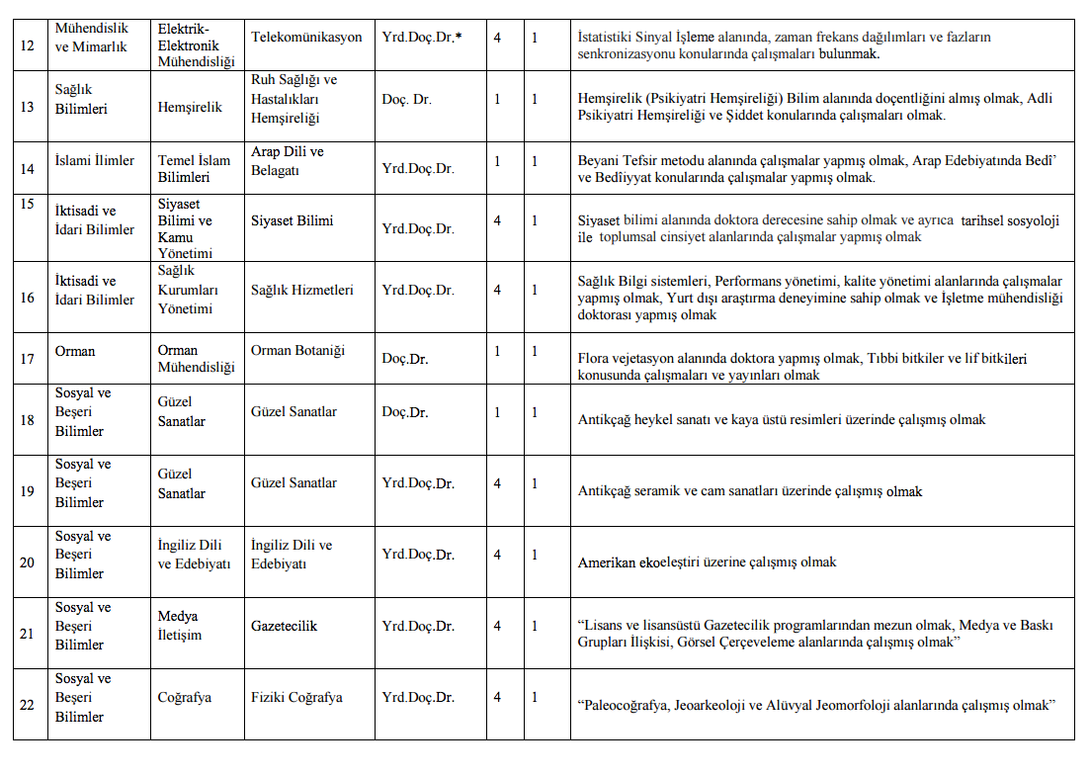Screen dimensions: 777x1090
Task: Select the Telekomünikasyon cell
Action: [x=306, y=38]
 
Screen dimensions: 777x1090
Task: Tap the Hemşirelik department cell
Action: [x=190, y=107]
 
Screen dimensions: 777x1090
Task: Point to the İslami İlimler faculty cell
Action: [x=95, y=161]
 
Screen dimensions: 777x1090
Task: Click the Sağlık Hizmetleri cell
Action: [x=301, y=290]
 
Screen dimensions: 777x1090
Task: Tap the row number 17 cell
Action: [x=28, y=359]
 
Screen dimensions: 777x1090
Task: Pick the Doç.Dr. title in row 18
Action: [x=405, y=412]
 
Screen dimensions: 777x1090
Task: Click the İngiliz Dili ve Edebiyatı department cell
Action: [x=194, y=555]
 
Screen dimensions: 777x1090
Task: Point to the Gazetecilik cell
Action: [x=284, y=626]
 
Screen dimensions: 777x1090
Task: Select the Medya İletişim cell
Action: [x=180, y=626]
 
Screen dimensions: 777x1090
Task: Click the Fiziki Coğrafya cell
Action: [x=296, y=697]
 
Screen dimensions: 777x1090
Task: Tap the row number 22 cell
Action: [x=28, y=705]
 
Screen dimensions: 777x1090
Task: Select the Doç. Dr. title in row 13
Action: [x=407, y=99]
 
